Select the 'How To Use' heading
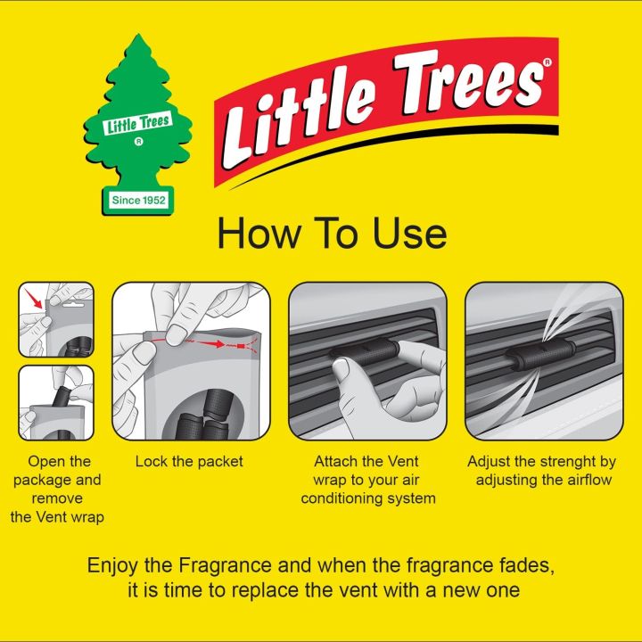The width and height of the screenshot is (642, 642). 332,235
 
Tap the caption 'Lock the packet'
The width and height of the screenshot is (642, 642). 189,462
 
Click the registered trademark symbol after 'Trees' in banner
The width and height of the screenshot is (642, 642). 547,63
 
